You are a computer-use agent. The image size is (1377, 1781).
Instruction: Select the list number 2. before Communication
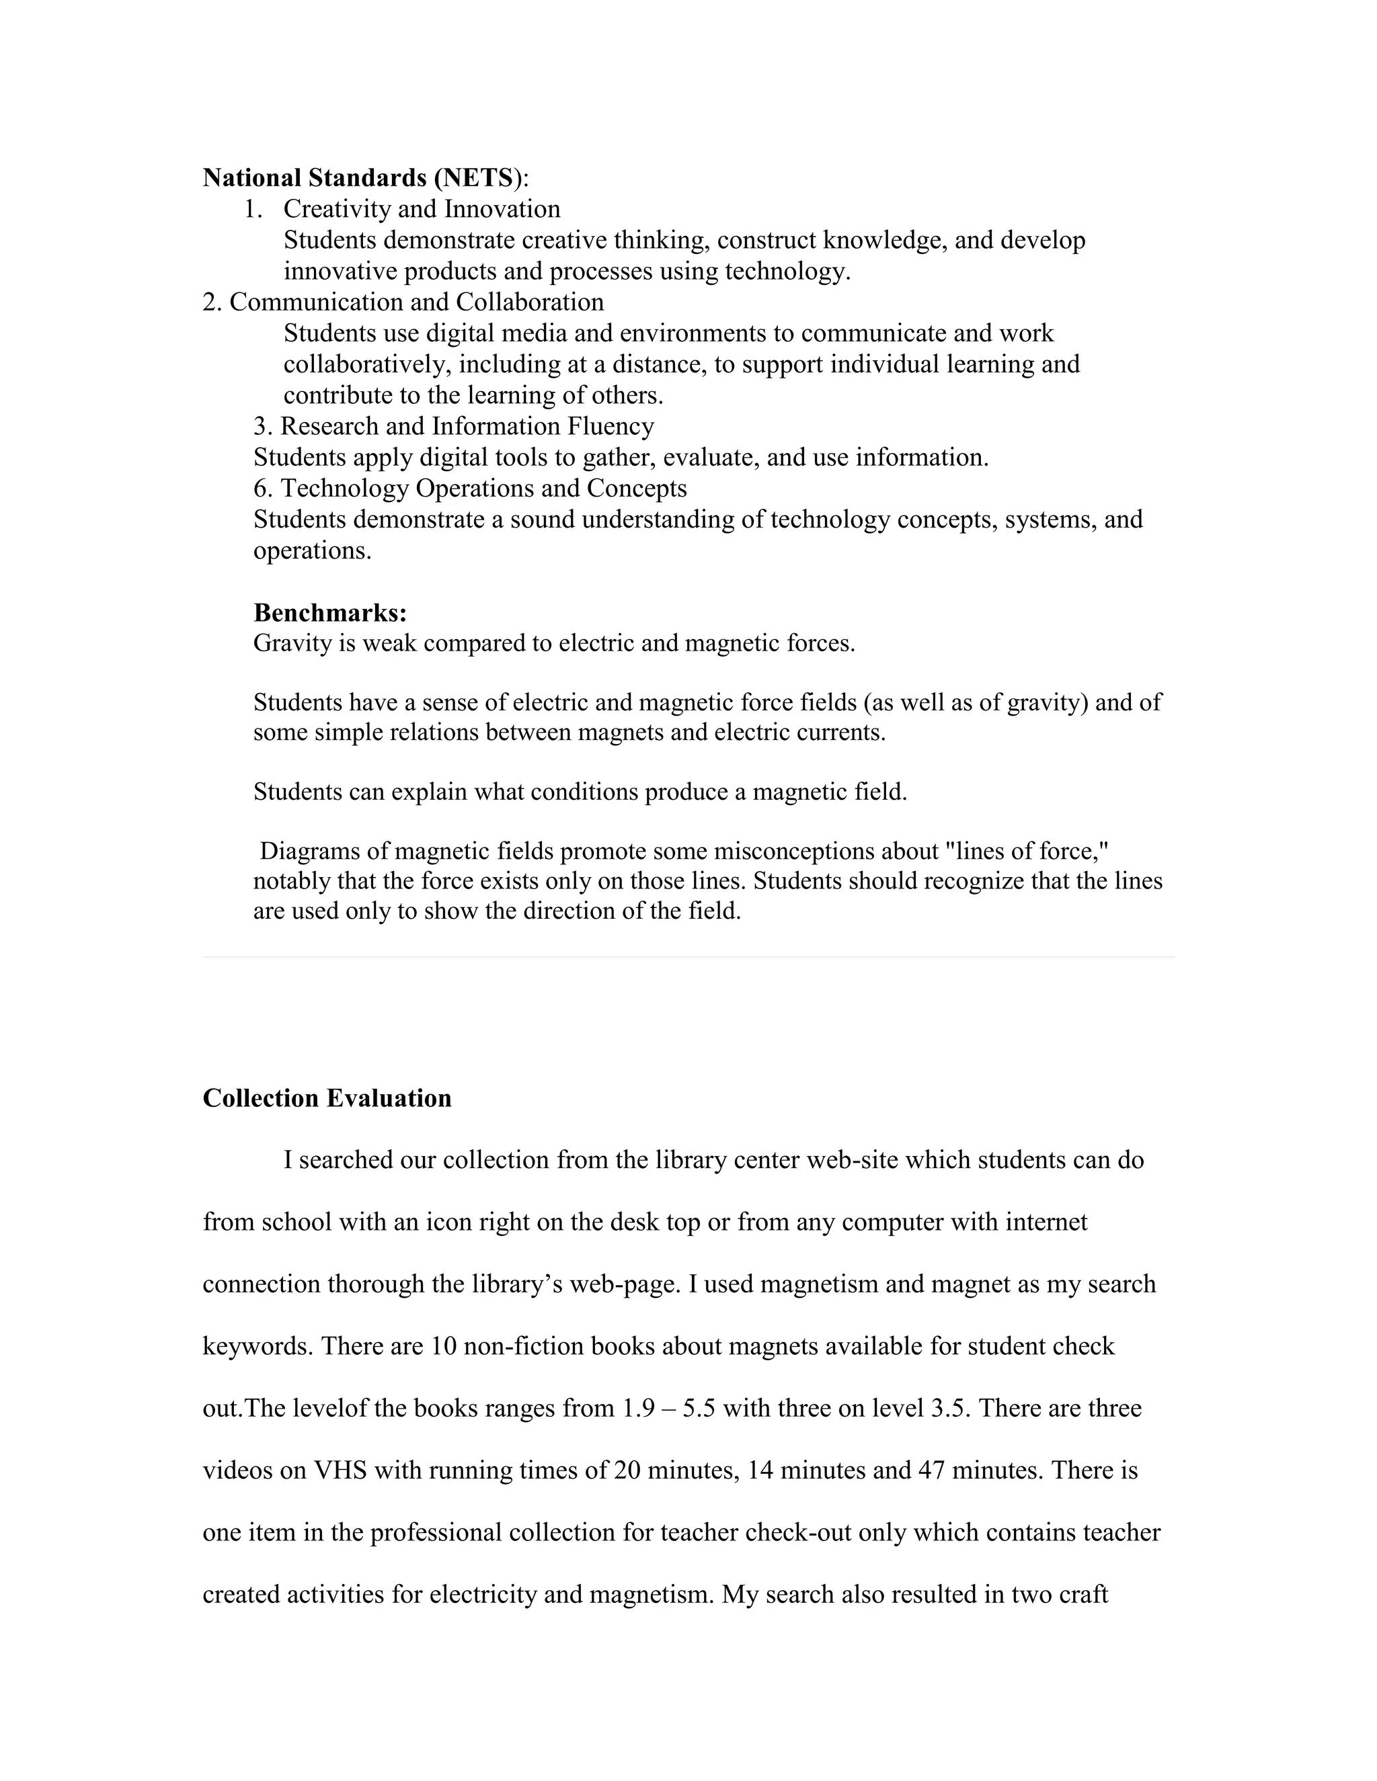211,302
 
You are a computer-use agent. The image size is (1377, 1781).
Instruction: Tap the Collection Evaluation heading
326,1097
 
